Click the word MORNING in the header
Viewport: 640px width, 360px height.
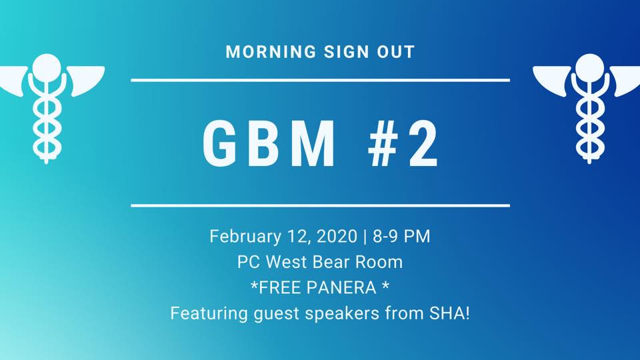tap(271, 52)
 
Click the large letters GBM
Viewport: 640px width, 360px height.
tap(269, 144)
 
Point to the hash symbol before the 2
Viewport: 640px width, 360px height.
tap(383, 144)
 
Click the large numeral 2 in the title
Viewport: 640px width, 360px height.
tap(424, 144)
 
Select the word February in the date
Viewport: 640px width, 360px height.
tap(245, 237)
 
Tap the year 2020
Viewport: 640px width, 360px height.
tap(337, 236)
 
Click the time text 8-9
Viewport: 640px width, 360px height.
tap(385, 236)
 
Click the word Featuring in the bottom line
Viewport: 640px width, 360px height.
tap(209, 314)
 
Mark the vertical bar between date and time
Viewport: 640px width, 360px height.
tap(365, 237)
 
